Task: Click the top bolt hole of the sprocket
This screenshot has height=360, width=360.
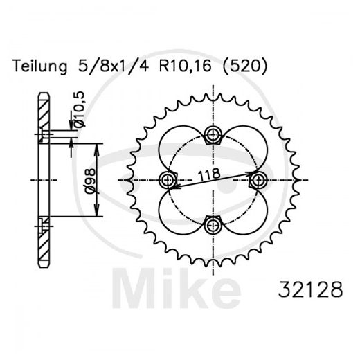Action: [213, 134]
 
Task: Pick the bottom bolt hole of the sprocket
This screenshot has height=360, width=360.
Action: [213, 224]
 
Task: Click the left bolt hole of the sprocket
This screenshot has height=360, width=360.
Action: [168, 180]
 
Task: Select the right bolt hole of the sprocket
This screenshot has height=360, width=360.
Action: [258, 179]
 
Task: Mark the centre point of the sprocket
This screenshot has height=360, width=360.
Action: [213, 179]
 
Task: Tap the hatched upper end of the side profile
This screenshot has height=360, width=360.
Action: [44, 111]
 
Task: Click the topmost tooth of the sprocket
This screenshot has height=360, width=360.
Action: [213, 97]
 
